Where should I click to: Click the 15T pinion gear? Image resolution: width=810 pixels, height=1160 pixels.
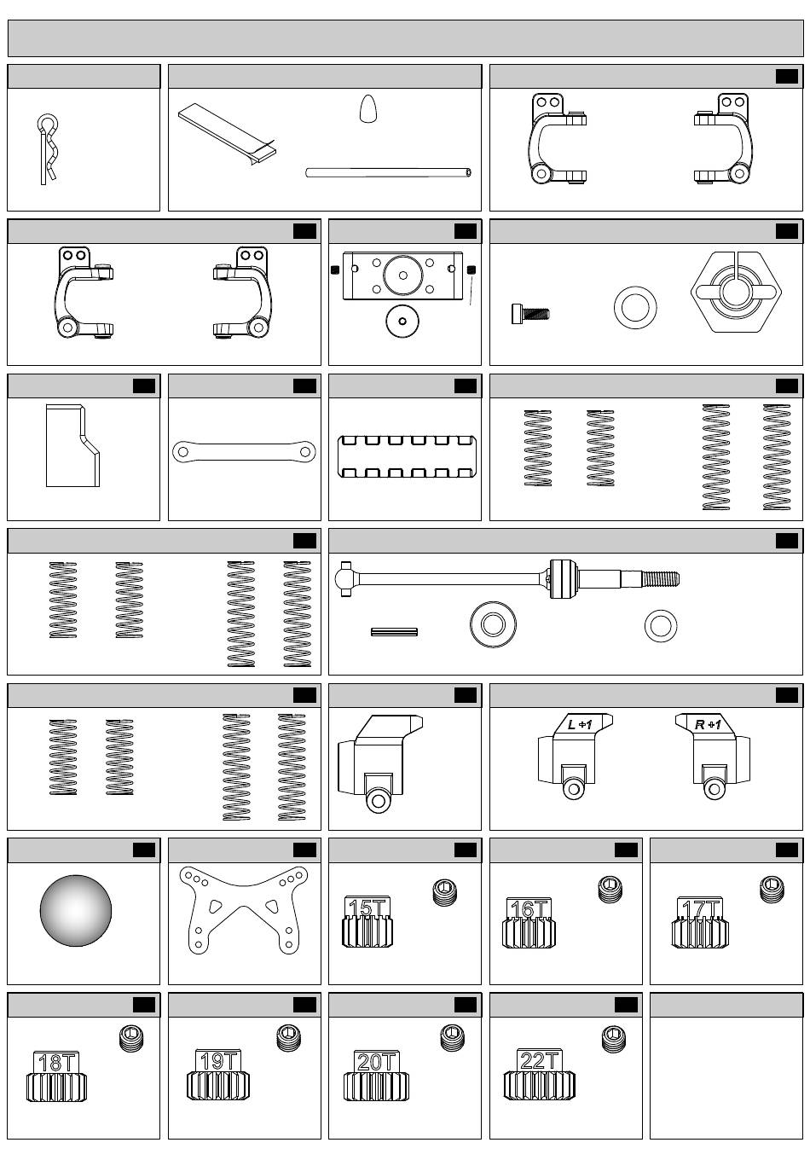(x=367, y=923)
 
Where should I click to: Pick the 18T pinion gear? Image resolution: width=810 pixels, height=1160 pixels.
(x=56, y=1077)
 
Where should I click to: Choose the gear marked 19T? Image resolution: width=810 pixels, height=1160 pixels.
(x=217, y=1076)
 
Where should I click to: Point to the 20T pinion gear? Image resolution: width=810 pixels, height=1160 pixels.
(x=376, y=1077)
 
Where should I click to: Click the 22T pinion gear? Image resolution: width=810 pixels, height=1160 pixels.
(x=539, y=1076)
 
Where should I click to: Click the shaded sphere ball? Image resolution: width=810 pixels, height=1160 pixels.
(x=76, y=910)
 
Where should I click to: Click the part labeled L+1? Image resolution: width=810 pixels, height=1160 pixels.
(x=574, y=756)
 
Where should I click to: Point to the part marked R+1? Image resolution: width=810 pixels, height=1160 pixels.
(x=714, y=756)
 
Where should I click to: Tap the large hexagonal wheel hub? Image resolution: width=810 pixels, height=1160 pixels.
(x=736, y=293)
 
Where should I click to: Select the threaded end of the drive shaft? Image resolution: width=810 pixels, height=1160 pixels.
(x=661, y=579)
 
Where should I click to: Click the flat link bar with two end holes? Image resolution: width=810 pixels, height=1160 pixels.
(x=244, y=450)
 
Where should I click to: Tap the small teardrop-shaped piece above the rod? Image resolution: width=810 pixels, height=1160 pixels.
(x=367, y=109)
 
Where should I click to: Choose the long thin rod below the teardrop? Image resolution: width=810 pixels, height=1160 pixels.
(x=388, y=172)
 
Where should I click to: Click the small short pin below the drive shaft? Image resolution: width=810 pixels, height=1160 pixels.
(x=394, y=632)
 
